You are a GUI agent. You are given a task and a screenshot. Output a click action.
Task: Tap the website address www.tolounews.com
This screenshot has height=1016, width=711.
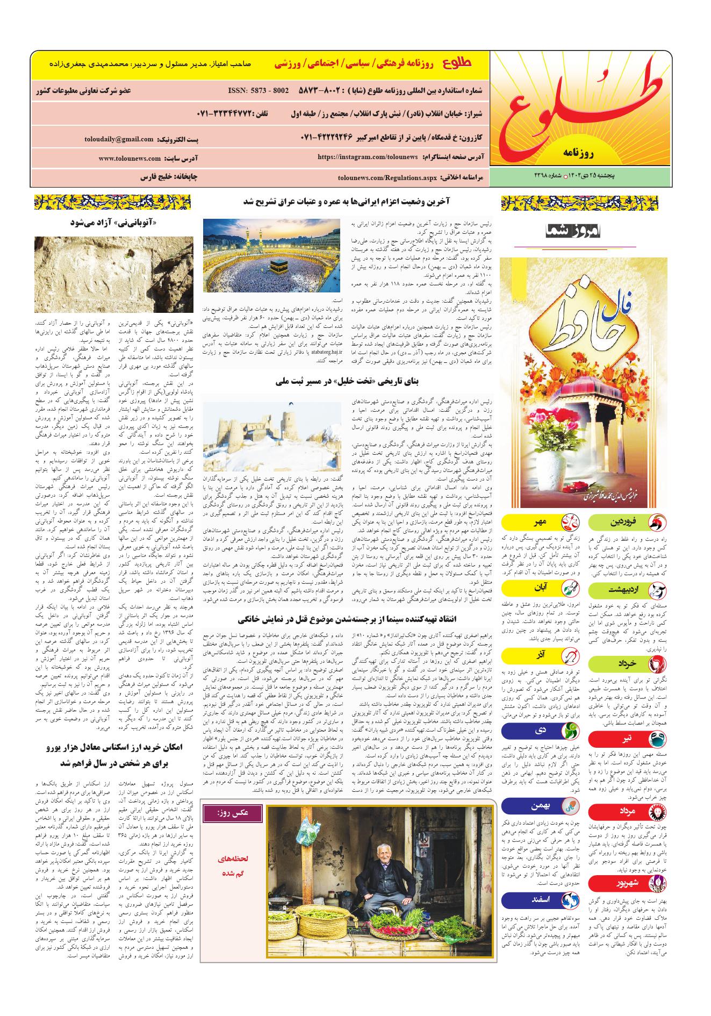pyautogui.click(x=130, y=159)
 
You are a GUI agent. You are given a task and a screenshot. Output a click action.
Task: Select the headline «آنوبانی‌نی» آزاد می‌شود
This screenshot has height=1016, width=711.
pyautogui.click(x=113, y=223)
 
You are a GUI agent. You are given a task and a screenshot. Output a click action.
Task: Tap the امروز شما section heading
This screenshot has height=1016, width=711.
pyautogui.click(x=576, y=232)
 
